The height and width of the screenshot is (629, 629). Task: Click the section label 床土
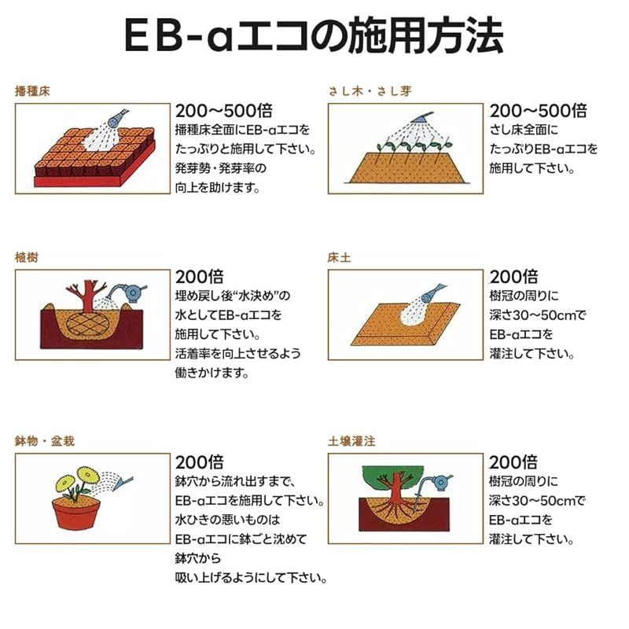(339, 257)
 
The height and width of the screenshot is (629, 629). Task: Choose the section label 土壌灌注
(351, 441)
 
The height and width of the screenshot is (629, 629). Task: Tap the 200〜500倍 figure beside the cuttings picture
(538, 111)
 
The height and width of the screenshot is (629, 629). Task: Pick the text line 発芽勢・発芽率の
(221, 167)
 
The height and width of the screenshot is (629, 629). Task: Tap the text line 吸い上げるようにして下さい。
(251, 579)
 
